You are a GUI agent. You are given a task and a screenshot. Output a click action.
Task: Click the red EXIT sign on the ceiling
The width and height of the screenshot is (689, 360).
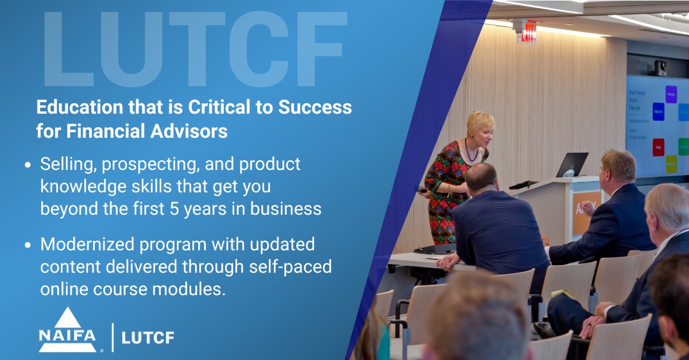coord(526,33)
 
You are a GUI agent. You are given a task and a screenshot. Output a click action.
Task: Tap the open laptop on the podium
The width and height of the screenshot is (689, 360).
coord(572,165)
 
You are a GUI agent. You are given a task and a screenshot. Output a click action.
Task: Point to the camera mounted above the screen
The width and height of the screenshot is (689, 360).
coord(657,68)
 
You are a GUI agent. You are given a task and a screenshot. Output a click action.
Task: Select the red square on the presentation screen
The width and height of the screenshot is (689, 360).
coord(658,147)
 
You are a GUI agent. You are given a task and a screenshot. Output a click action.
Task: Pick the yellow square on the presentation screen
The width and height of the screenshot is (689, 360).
coord(671,164)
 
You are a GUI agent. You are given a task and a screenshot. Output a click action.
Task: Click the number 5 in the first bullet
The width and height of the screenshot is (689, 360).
coord(188,208)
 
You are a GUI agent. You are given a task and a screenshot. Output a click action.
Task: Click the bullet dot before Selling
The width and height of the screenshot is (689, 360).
coord(28,165)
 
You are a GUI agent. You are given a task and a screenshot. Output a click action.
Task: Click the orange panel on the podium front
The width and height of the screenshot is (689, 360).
coord(586,212)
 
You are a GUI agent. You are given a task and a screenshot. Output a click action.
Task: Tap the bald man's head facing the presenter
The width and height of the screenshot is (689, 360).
coord(481,177)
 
